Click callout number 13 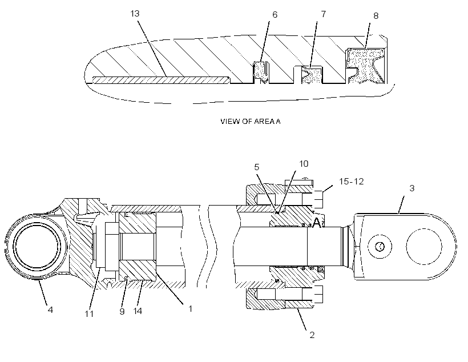click(135, 14)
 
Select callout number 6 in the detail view click(275, 15)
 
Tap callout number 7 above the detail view click(323, 14)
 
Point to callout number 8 click(376, 16)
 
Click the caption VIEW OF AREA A click(251, 121)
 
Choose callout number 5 click(257, 167)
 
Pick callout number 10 click(304, 164)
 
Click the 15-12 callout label click(352, 182)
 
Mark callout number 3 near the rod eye click(412, 188)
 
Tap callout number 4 click(50, 309)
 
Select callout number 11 click(89, 314)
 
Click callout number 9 click(122, 312)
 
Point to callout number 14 click(138, 311)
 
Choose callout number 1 click(191, 308)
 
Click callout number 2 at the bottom click(312, 335)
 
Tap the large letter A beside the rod click(317, 223)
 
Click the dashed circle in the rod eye click(424, 247)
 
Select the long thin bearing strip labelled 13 click(161, 80)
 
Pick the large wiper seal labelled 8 click(366, 66)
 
